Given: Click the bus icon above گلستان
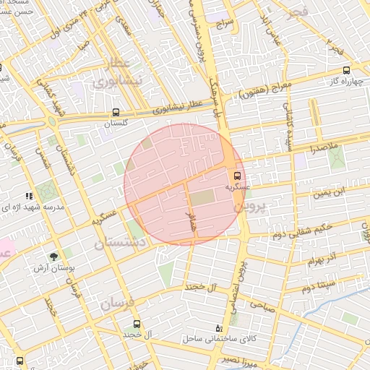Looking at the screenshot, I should coord(116,113).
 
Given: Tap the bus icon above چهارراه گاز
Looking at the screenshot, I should coord(347,70).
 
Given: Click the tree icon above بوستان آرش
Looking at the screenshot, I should coord(54,257).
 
